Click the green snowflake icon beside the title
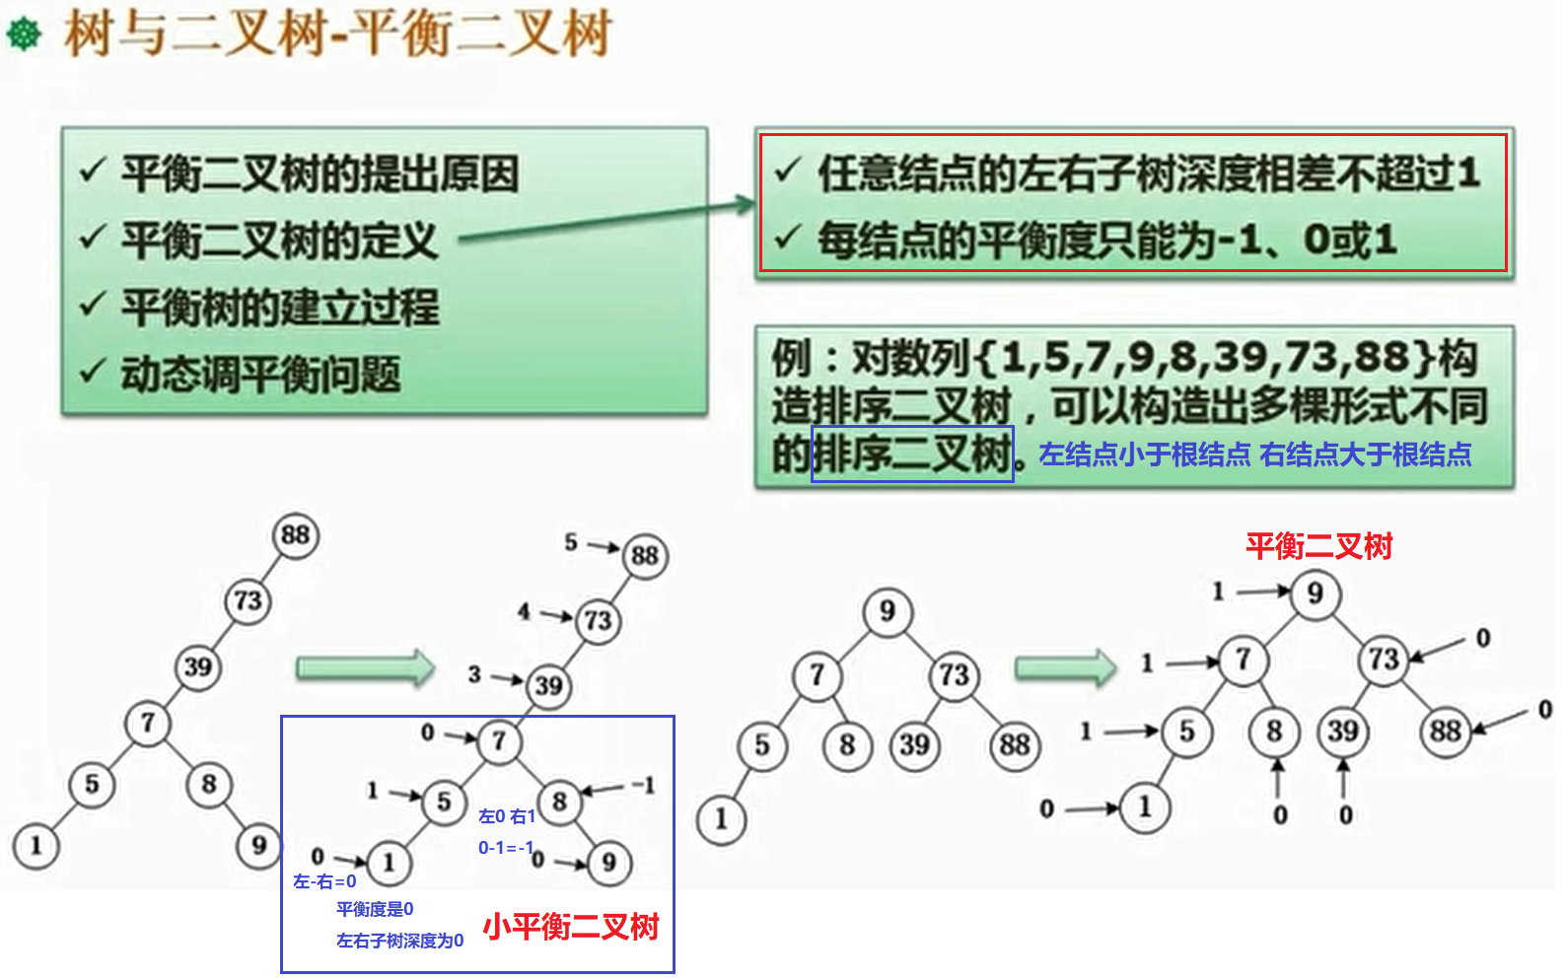[x=24, y=35]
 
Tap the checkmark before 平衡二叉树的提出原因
[x=92, y=172]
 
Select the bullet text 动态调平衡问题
[x=260, y=375]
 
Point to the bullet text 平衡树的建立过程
[x=280, y=308]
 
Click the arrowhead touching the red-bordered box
[x=746, y=204]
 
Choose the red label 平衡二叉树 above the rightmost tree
[x=1317, y=546]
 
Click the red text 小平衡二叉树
[x=570, y=927]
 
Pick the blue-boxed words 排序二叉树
[x=912, y=455]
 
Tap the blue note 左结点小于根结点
[x=1144, y=455]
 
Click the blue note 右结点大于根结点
[x=1366, y=455]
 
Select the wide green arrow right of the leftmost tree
[x=365, y=668]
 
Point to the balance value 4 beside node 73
[x=524, y=612]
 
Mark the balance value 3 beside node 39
[x=474, y=674]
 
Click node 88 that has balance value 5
[x=645, y=555]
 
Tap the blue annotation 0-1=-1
[x=506, y=848]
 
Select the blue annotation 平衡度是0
[x=375, y=909]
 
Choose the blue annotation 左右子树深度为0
[x=399, y=941]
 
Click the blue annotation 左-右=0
[x=324, y=881]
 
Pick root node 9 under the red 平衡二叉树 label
[x=1315, y=594]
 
